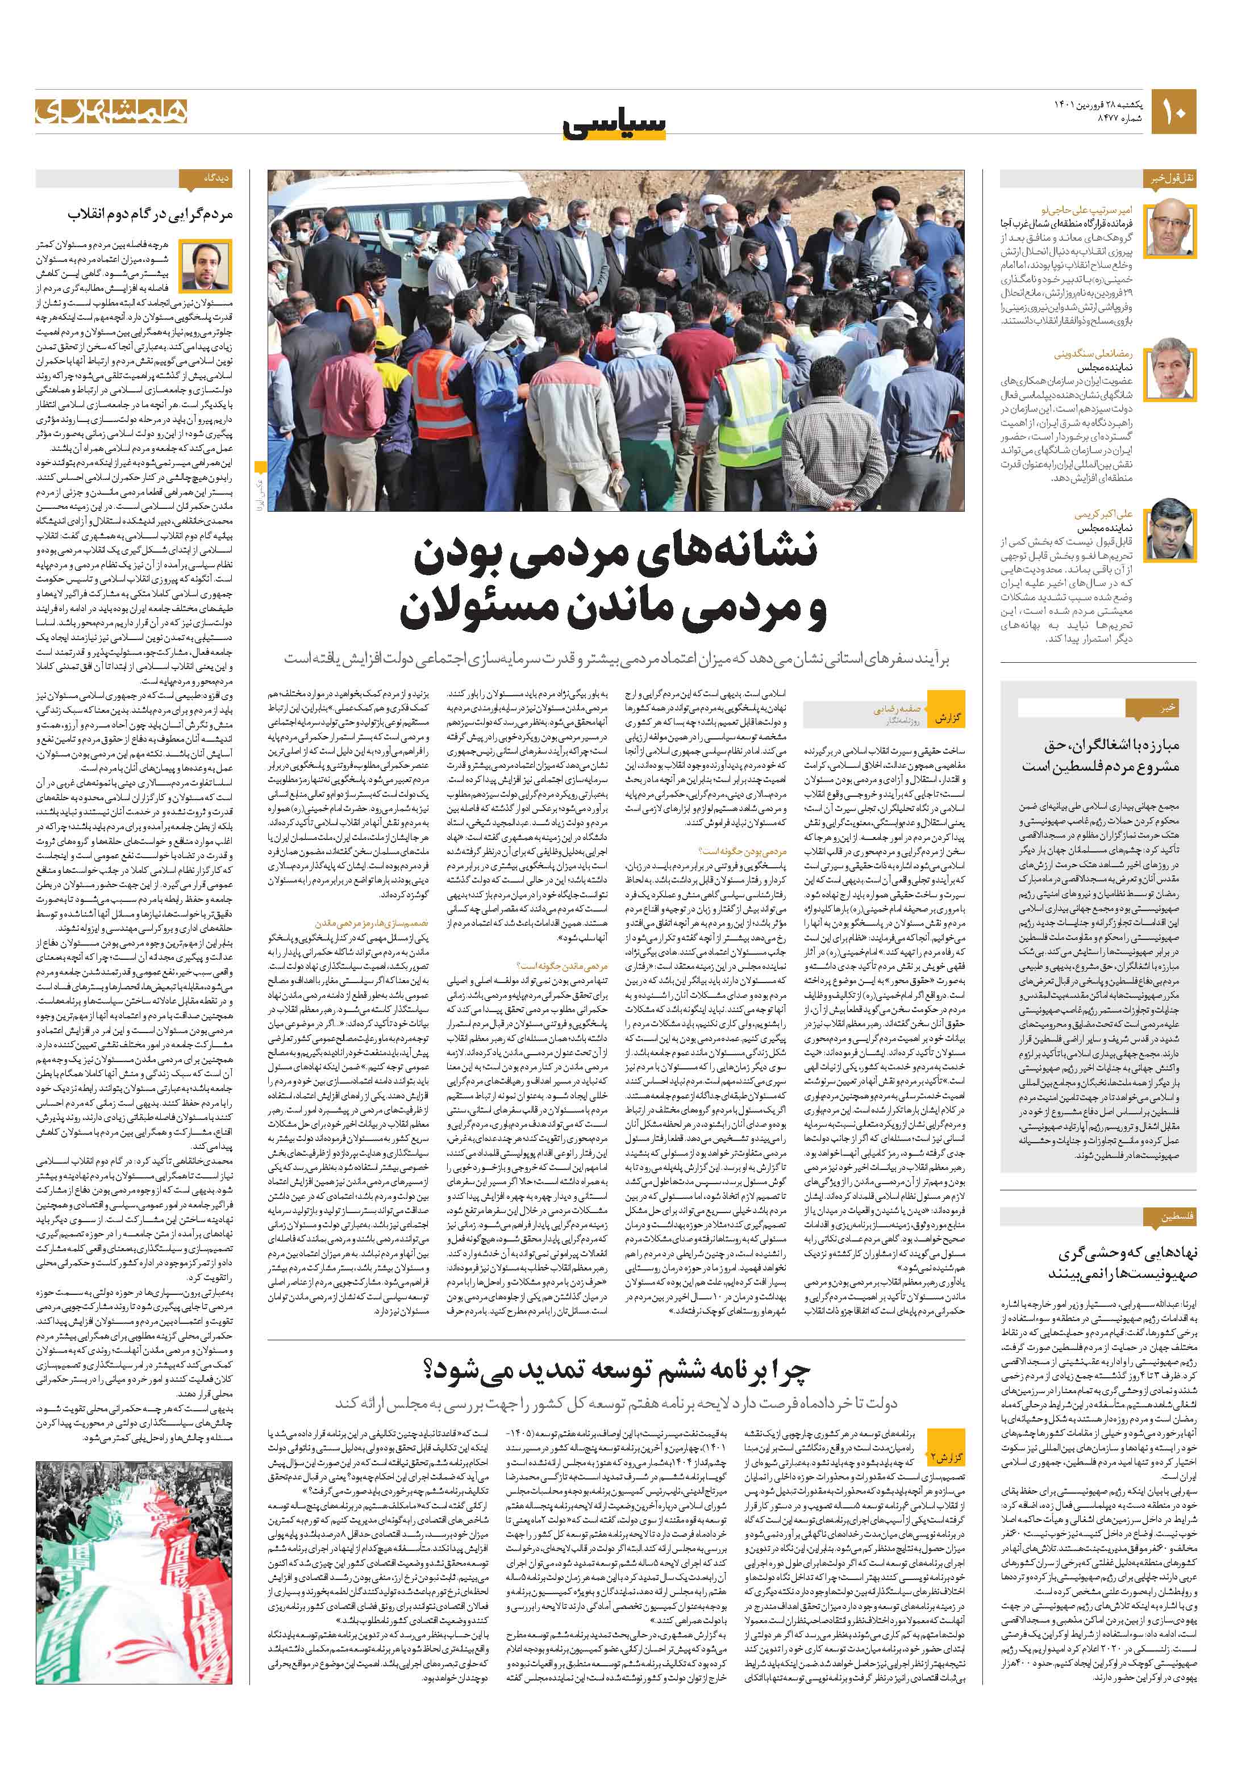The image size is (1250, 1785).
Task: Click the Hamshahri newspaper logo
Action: pos(110,111)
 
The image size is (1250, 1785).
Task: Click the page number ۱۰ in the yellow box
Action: pos(1174,112)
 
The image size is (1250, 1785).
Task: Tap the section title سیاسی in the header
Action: pos(615,123)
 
